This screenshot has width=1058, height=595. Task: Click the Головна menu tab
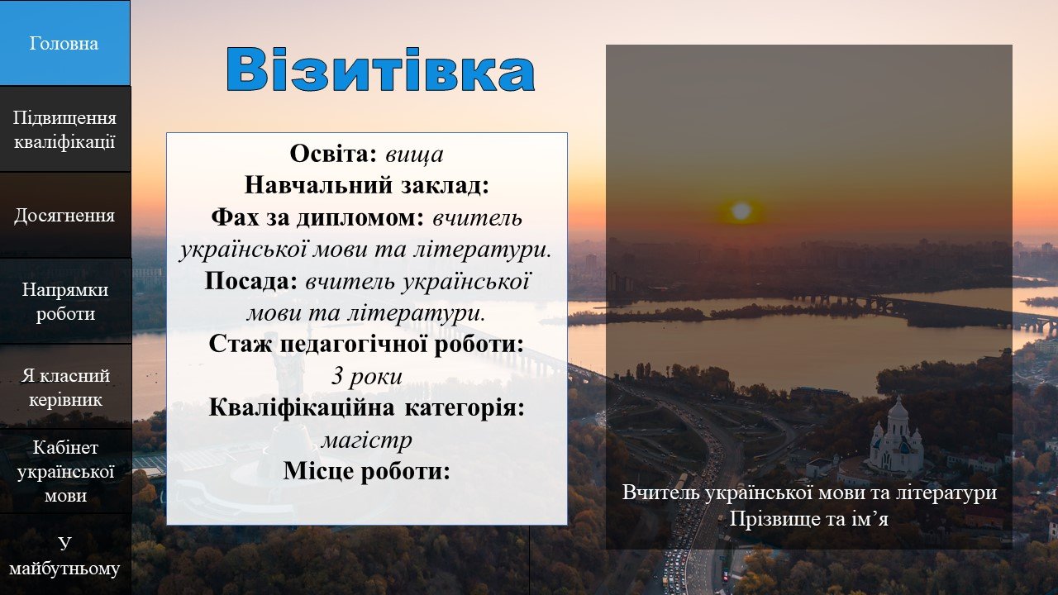[x=64, y=43]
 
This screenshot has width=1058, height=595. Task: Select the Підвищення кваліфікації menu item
[x=64, y=129]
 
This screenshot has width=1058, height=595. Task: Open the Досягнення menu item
[x=64, y=215]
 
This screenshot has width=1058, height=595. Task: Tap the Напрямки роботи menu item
[x=64, y=301]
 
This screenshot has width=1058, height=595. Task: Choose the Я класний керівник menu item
[x=64, y=387]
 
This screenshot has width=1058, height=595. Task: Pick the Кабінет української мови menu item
[x=64, y=471]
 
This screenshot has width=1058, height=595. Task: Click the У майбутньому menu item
[x=64, y=555]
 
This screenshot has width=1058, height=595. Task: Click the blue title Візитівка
[x=380, y=69]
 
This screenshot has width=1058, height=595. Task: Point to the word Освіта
[x=332, y=154]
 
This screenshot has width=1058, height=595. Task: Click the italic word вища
[x=414, y=155]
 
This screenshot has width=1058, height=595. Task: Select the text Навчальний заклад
[x=366, y=186]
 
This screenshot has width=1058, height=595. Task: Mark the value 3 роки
[x=366, y=376]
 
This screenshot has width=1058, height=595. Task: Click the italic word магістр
[x=366, y=440]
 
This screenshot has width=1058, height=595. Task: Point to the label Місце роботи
[x=366, y=471]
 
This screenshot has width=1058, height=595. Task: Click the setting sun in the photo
[x=741, y=211]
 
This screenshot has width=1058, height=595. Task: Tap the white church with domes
[x=896, y=438]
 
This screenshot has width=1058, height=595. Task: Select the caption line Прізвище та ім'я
[x=808, y=518]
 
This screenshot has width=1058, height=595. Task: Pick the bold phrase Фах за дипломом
[x=317, y=217]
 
